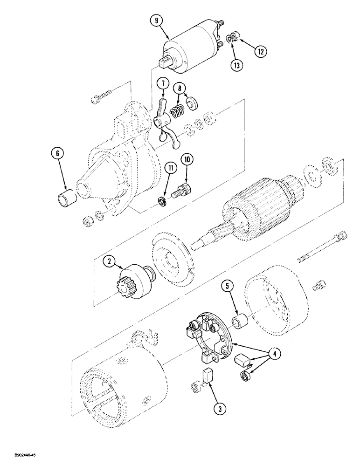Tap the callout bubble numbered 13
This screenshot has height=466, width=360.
(237, 65)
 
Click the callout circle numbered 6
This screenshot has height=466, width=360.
(59, 154)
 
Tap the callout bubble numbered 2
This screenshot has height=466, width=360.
(110, 262)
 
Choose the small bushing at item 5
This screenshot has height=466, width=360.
(242, 322)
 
